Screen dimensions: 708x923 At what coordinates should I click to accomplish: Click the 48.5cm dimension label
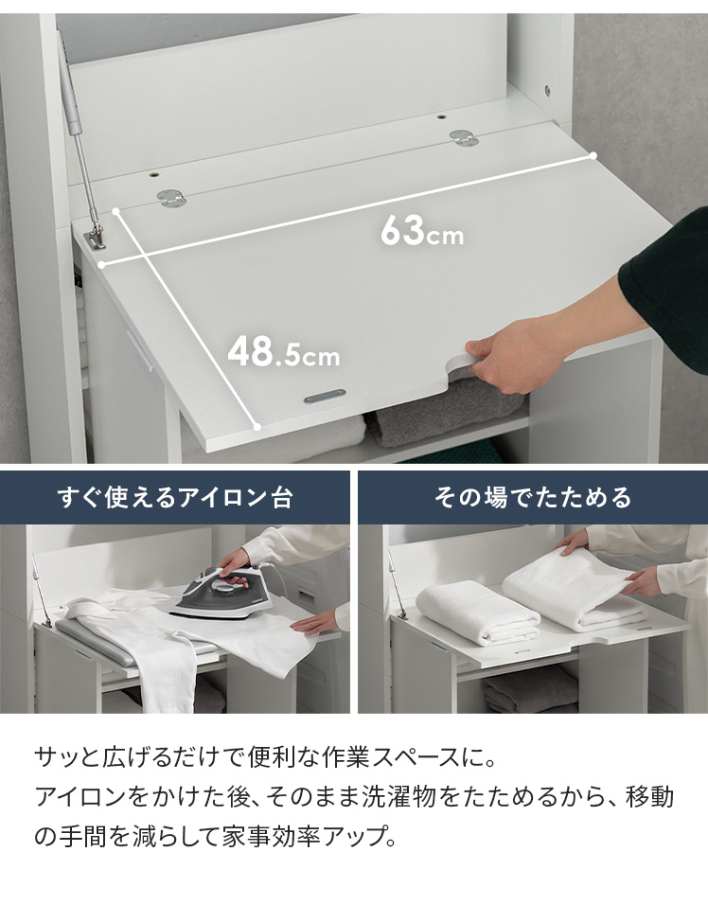click(283, 351)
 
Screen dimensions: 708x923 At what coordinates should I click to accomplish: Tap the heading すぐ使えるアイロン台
click(175, 497)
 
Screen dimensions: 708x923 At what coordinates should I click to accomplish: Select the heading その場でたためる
click(532, 497)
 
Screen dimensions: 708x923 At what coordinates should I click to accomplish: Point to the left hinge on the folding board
click(171, 198)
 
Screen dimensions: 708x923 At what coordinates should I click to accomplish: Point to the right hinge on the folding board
click(464, 138)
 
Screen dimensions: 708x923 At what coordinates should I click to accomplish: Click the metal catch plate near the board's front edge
click(325, 397)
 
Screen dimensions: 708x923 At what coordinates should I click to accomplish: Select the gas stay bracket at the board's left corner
click(94, 238)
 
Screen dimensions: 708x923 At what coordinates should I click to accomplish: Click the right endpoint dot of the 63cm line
click(593, 156)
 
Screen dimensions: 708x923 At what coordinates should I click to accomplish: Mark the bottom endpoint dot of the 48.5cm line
click(257, 427)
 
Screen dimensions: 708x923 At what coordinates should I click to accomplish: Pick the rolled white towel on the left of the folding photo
click(477, 612)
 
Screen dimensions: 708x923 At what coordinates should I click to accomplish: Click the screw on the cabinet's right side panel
click(547, 90)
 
